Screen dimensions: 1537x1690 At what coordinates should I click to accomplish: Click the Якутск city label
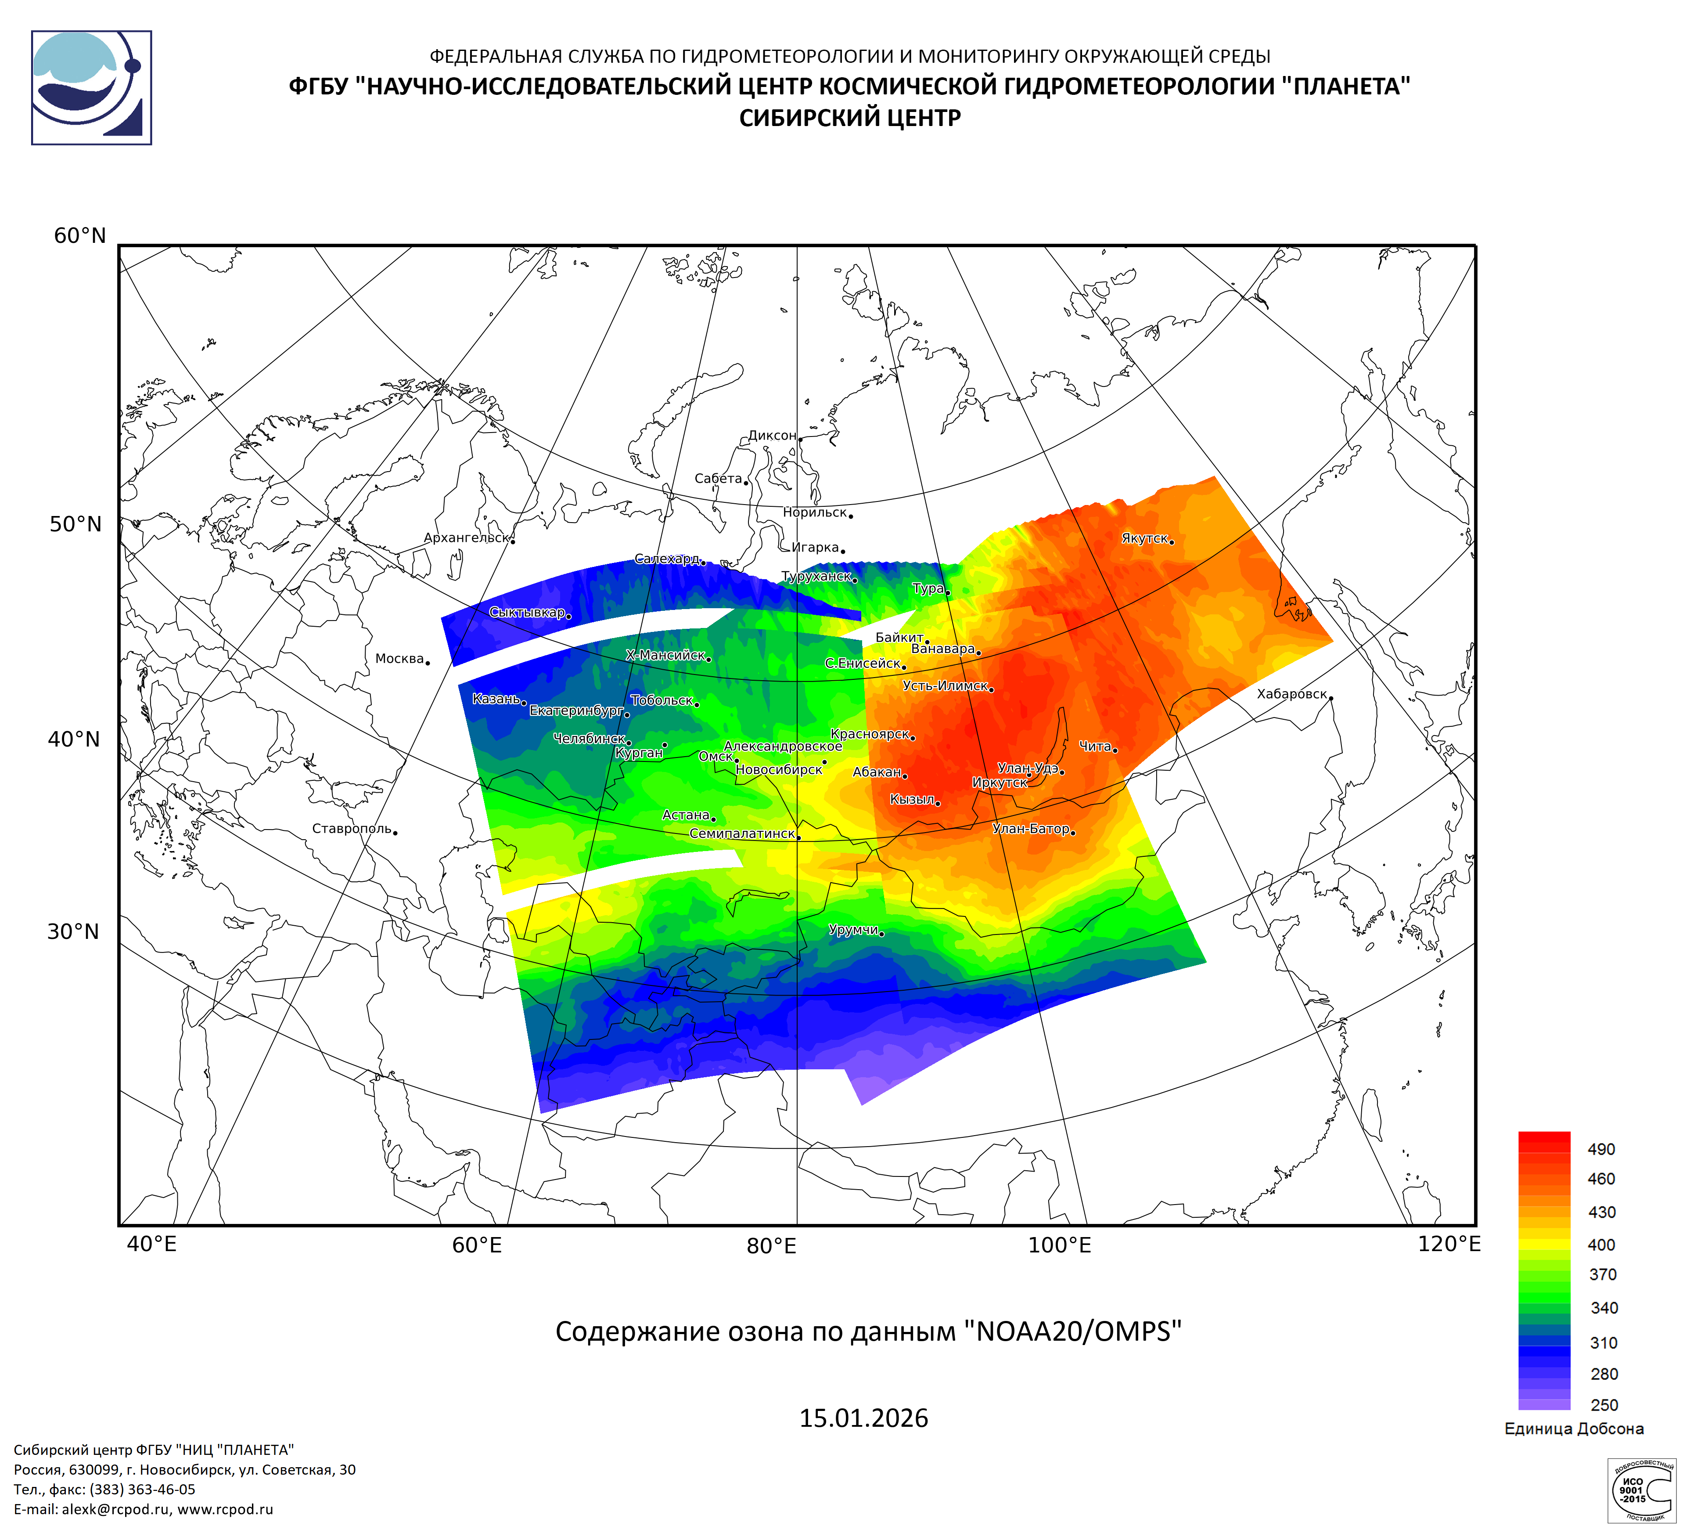click(1144, 538)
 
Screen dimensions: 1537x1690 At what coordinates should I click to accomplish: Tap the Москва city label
click(400, 659)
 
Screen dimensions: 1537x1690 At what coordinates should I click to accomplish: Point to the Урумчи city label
click(853, 930)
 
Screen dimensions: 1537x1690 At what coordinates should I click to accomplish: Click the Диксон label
click(772, 436)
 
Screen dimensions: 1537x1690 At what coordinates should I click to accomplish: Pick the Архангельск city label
click(466, 538)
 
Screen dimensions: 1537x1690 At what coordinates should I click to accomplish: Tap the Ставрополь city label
click(352, 829)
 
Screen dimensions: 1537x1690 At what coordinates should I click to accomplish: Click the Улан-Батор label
click(1031, 829)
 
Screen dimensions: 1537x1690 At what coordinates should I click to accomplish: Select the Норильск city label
click(815, 512)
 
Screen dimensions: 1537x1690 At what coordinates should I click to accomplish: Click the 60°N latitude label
click(80, 236)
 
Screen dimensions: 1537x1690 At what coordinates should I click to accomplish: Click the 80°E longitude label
click(771, 1246)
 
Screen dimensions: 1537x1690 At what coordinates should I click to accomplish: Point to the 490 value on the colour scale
click(1601, 1150)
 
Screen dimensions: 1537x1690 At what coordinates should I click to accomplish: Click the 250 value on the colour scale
click(1604, 1405)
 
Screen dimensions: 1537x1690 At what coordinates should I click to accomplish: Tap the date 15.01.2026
click(863, 1419)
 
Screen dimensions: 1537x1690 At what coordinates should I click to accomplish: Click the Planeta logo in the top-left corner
click(91, 88)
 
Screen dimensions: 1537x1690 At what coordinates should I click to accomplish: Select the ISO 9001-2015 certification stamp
click(1640, 1490)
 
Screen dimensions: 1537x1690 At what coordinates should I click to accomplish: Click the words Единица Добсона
click(1574, 1429)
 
